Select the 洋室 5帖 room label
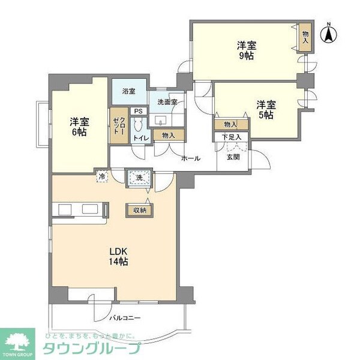(265, 108)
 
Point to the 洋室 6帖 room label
(78, 127)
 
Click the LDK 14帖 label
(118, 256)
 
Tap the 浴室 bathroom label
(128, 92)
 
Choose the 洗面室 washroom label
(167, 103)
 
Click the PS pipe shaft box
(139, 111)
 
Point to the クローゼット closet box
(117, 126)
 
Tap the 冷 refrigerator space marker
(102, 178)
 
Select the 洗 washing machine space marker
(139, 178)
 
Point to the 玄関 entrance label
(233, 158)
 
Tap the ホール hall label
(190, 158)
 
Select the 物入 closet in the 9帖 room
(305, 37)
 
